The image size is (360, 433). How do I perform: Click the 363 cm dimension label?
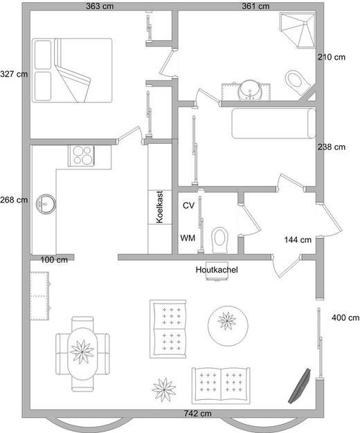tap(100, 6)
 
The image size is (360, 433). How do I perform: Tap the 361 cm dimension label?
tap(255, 6)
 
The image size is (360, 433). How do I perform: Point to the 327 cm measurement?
tap(14, 74)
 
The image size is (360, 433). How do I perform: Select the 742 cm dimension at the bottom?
tap(198, 414)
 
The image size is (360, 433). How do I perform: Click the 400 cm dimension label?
tap(345, 317)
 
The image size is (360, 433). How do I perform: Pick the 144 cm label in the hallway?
tap(298, 240)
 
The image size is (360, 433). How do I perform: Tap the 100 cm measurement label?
tap(54, 260)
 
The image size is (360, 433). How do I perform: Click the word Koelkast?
tap(159, 207)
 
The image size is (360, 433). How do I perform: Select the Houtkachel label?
tap(217, 270)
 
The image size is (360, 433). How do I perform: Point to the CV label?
tap(188, 205)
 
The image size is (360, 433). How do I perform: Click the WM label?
tap(188, 238)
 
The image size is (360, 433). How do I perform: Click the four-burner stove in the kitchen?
tap(81, 156)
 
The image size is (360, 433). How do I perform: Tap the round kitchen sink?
tap(46, 204)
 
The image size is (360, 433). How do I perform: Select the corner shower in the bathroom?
tap(298, 30)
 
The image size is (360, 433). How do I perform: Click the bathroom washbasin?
tap(250, 91)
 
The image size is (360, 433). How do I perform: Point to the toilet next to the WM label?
tap(220, 240)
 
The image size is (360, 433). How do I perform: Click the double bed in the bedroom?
tap(72, 71)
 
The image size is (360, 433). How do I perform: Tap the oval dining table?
tap(82, 353)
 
